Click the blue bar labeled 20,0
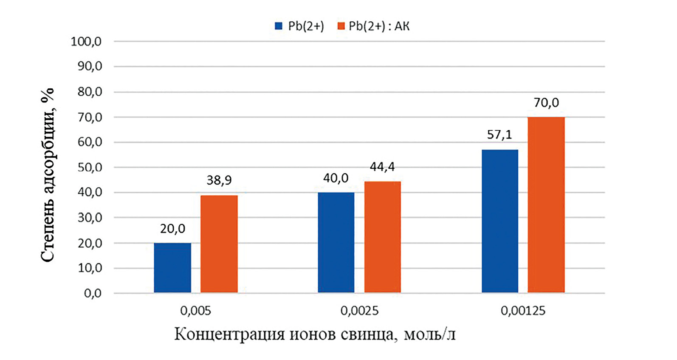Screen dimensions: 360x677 [x=172, y=268]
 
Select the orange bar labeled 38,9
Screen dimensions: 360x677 [x=219, y=244]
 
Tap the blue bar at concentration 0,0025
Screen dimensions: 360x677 [x=336, y=242]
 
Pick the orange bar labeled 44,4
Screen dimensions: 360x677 [x=382, y=237]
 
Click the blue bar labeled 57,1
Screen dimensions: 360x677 [x=500, y=221]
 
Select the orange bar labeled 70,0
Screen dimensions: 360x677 [x=546, y=205]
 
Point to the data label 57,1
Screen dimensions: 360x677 [x=499, y=135]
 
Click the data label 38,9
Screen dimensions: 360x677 [x=219, y=180]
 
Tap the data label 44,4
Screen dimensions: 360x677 [x=382, y=167]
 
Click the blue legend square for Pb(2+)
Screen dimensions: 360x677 [x=279, y=26]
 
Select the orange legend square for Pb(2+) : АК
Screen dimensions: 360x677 [x=341, y=26]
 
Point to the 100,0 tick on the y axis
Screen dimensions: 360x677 [x=86, y=42]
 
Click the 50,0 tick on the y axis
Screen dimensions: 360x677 [x=90, y=167]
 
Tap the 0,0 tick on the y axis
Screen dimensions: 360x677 [x=93, y=293]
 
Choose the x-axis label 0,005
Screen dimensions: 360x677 [x=195, y=311]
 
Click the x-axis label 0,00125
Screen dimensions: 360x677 [x=523, y=311]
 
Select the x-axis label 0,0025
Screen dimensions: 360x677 [x=359, y=311]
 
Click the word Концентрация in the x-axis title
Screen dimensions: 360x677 [x=229, y=334]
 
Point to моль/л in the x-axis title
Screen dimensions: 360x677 [x=429, y=334]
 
